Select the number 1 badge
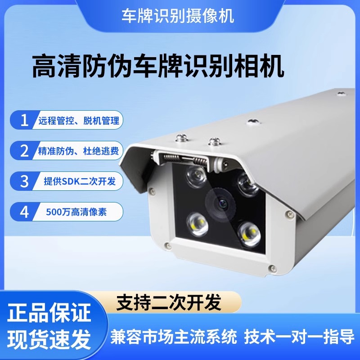[x=24, y=121]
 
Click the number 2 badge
[x=24, y=151]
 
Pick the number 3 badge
[x=24, y=181]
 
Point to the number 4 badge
[x=24, y=211]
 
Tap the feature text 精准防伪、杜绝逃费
[x=75, y=151]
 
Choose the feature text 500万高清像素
[x=76, y=212]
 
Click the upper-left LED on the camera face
[x=195, y=174]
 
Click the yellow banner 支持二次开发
[x=169, y=302]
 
